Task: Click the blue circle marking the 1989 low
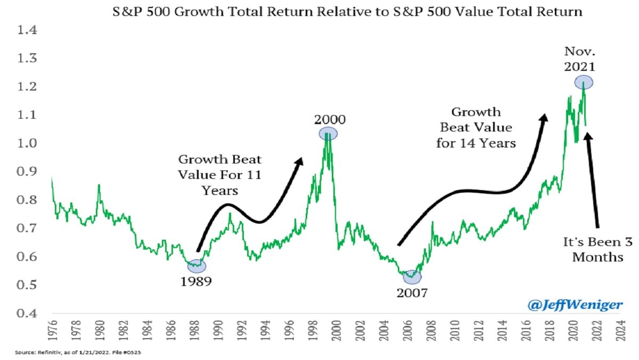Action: tap(197, 266)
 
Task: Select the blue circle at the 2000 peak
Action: tap(329, 134)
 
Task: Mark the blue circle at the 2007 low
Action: tap(412, 277)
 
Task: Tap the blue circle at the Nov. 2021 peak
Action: tap(584, 83)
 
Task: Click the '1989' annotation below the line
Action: tap(195, 282)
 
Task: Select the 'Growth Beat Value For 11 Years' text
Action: tap(220, 175)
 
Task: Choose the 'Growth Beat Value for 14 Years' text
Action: tap(476, 128)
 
